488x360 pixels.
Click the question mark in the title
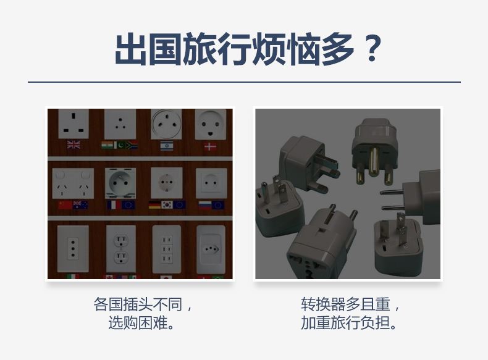pos(372,49)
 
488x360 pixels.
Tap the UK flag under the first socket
pos(74,144)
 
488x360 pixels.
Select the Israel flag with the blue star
pos(167,146)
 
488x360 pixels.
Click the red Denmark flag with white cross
pos(210,146)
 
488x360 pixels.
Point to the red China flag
pos(65,205)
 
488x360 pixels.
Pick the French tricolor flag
pos(114,205)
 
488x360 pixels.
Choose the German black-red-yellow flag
pos(154,205)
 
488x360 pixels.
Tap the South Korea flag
pos(167,205)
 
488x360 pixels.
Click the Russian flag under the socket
pos(205,205)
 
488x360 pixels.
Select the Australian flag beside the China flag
pos(80,205)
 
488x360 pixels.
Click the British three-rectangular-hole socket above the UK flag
pos(74,123)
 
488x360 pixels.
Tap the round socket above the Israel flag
pos(167,124)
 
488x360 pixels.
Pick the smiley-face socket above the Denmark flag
pos(211,124)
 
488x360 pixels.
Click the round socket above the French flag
pos(120,183)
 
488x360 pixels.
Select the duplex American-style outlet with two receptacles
pos(120,249)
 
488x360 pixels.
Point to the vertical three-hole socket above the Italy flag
pos(73,249)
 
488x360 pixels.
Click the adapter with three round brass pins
pos(374,150)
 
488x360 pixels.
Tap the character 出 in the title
pos(131,49)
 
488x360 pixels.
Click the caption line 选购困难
pos(138,323)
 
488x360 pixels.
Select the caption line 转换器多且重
pos(345,304)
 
